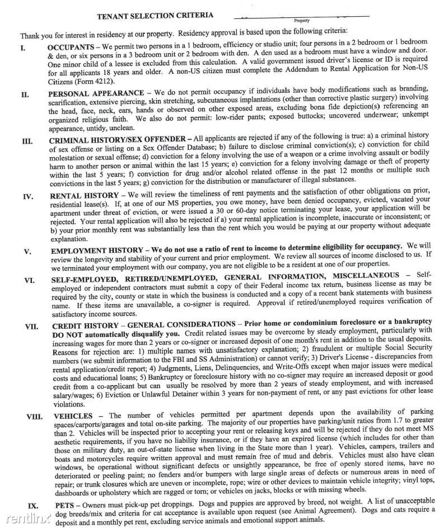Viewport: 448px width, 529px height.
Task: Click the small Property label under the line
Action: click(302, 21)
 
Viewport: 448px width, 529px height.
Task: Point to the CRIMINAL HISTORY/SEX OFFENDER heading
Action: click(119, 140)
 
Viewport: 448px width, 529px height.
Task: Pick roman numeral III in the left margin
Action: click(27, 141)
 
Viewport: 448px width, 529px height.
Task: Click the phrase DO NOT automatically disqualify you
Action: click(114, 334)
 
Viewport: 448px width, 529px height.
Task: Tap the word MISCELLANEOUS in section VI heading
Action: click(366, 276)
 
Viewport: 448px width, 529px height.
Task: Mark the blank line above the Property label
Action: click(302, 16)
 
